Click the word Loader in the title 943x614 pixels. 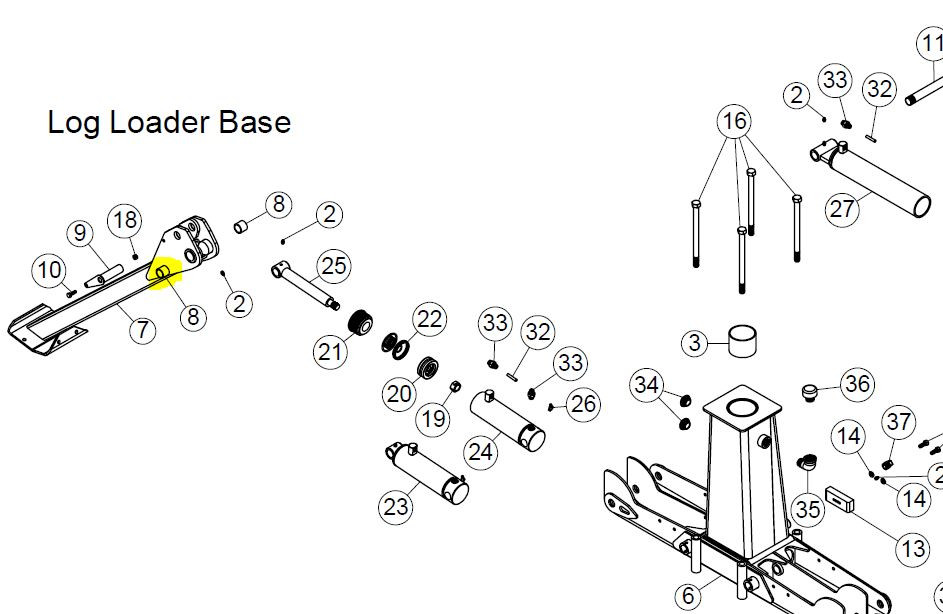(159, 123)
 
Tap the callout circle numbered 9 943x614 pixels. (80, 234)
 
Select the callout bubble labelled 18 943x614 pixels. (125, 221)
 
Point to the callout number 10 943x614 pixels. (49, 270)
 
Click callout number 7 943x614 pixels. (142, 329)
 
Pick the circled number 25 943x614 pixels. (333, 266)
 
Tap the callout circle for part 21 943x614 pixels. (330, 351)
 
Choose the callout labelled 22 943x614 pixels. (429, 320)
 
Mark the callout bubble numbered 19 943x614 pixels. (433, 418)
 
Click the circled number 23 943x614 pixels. (396, 506)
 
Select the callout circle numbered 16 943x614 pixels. (734, 122)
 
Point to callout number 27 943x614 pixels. (843, 210)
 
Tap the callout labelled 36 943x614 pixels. (857, 384)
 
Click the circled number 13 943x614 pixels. (912, 548)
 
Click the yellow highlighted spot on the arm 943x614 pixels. (160, 271)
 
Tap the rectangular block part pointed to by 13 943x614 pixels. (837, 498)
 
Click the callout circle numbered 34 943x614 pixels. (647, 384)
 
